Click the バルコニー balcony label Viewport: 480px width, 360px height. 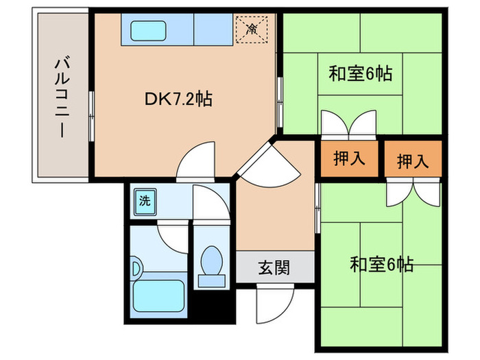click(60, 98)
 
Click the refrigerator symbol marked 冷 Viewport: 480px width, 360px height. click(252, 29)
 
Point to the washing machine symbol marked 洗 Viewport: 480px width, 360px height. click(145, 202)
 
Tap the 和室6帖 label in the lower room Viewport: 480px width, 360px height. click(381, 264)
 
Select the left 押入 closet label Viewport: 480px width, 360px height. click(348, 159)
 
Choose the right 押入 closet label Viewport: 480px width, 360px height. click(412, 161)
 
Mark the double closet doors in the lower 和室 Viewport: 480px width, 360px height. click(411, 193)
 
